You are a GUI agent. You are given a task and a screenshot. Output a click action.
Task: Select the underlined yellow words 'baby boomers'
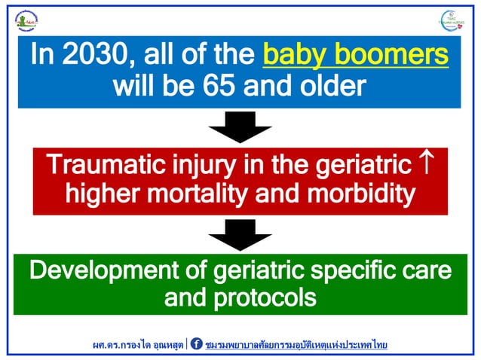355,55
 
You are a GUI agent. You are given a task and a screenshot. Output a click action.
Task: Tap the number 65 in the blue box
213,86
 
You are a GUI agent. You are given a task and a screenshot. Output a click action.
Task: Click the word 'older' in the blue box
332,86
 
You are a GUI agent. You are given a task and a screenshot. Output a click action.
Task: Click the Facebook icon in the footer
197,344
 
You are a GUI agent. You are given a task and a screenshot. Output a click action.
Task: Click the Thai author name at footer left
137,344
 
